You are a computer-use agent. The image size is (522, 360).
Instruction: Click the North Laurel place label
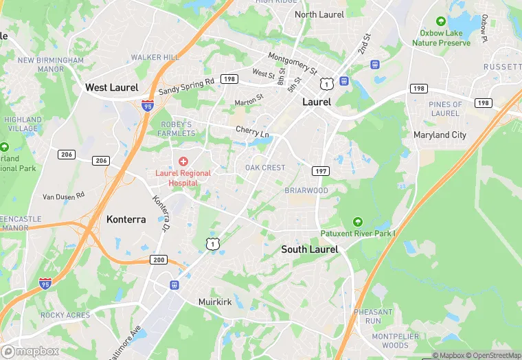coord(319,14)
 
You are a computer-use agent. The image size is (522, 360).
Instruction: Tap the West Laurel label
coord(111,87)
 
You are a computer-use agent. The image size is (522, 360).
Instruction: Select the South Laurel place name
coord(310,249)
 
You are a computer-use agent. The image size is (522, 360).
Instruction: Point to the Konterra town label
coord(126,219)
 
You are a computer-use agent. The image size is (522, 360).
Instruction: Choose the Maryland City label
coord(440,135)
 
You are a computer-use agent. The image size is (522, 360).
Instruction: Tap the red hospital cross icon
coord(183,161)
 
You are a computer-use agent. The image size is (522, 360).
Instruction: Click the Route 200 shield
coord(159,259)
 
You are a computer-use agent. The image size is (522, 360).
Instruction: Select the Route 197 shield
coord(320,170)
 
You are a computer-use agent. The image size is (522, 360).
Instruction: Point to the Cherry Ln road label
coord(252,131)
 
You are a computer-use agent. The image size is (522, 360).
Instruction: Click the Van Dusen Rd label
coord(63,196)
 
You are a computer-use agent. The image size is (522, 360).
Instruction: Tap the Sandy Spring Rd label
coord(186,86)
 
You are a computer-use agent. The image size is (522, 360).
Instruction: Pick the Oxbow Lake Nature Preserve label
coord(442,38)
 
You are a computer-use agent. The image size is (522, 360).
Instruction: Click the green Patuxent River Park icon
coord(357,222)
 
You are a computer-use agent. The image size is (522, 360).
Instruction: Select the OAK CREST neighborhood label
coord(265,168)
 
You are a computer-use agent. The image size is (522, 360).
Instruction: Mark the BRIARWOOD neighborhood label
coord(306,190)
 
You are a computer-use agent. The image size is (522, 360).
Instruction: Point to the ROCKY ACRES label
coord(65,315)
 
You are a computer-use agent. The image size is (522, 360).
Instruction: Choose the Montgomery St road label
coord(293,63)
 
